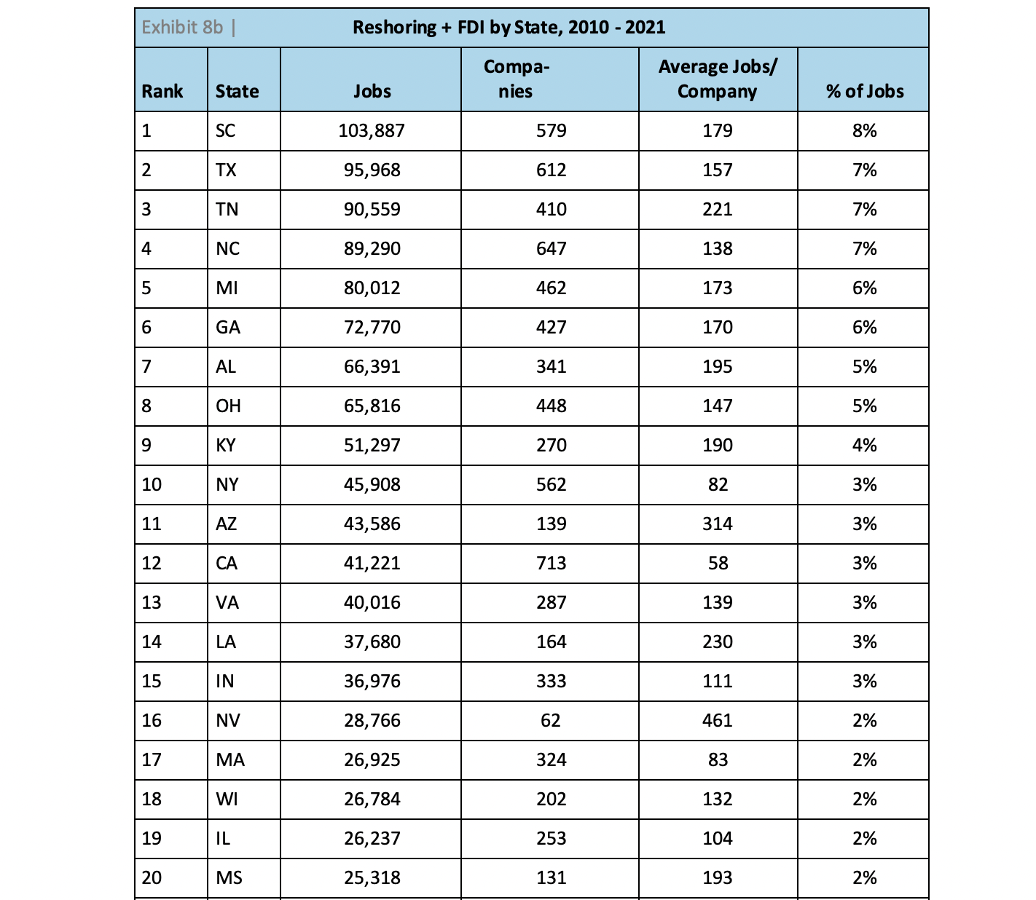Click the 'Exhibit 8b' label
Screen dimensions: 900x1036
click(182, 28)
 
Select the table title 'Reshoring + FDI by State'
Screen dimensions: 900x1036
click(509, 28)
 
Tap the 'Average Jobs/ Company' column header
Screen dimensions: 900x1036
click(718, 79)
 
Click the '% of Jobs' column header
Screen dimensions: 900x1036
click(864, 91)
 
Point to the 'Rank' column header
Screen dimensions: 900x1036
click(162, 91)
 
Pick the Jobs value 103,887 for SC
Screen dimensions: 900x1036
click(372, 131)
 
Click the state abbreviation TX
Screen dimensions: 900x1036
click(226, 170)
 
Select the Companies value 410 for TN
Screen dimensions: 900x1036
click(551, 210)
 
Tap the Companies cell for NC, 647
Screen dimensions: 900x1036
click(551, 249)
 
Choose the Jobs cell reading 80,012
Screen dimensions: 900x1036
click(372, 288)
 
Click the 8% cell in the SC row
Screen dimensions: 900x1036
click(864, 131)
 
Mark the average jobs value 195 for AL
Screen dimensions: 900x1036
click(718, 367)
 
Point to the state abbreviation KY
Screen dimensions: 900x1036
click(226, 446)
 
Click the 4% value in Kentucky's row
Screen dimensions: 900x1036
click(864, 446)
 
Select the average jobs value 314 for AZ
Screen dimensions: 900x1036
click(718, 524)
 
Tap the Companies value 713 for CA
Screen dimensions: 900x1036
click(551, 564)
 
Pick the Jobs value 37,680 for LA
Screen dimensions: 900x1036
click(372, 642)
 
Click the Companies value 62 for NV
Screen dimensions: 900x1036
click(551, 721)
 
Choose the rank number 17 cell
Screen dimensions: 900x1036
click(152, 760)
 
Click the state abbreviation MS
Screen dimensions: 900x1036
click(229, 878)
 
